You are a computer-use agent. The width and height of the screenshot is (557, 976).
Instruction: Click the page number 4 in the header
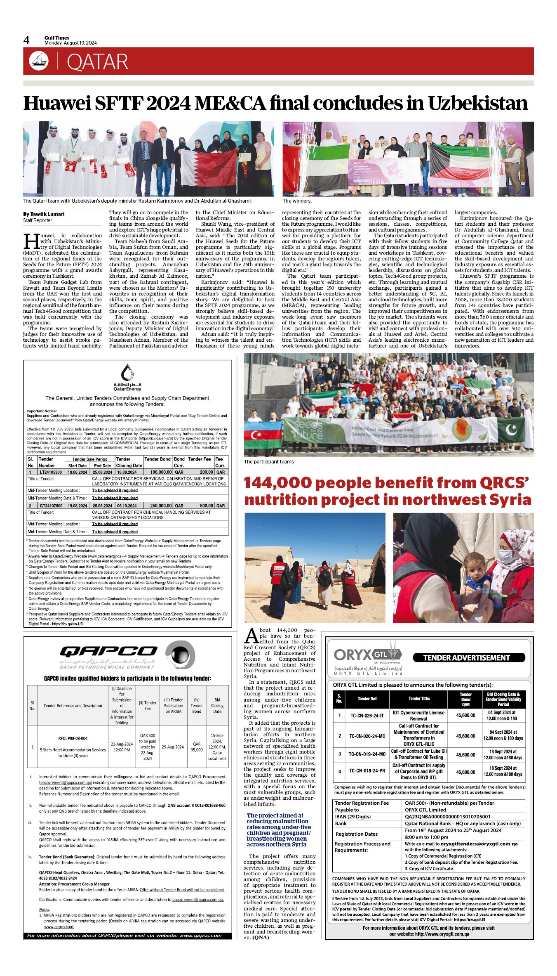click(x=27, y=40)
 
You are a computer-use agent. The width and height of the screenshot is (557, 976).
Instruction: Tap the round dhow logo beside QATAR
click(x=39, y=61)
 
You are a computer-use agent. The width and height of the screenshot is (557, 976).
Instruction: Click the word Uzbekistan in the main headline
click(x=477, y=103)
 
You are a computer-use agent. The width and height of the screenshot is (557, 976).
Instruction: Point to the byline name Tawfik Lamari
click(x=47, y=214)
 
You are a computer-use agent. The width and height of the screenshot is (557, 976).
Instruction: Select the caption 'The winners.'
click(x=297, y=201)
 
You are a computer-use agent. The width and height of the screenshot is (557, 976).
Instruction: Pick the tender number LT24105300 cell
click(x=50, y=472)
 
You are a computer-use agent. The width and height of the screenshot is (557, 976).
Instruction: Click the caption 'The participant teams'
click(x=269, y=462)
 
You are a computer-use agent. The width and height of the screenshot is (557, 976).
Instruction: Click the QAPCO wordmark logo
click(x=108, y=652)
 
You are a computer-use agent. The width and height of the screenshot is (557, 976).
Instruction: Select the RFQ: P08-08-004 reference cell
click(x=73, y=738)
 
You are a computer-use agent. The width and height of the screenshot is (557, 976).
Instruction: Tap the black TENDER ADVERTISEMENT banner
click(x=468, y=658)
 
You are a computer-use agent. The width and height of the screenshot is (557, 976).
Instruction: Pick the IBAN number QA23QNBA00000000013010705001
click(x=447, y=817)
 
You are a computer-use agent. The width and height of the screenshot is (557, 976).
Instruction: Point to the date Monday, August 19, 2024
click(x=71, y=43)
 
